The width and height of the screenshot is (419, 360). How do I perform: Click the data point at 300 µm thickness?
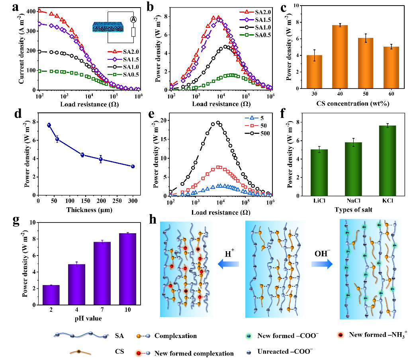point(133,166)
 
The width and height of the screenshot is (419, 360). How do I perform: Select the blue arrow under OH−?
point(321,263)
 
